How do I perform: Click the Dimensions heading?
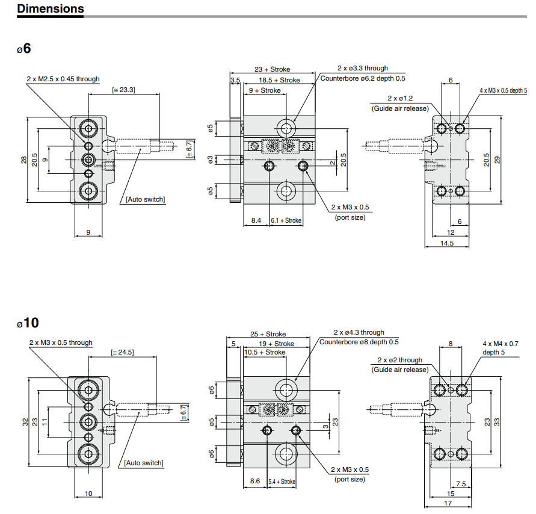pos(51,8)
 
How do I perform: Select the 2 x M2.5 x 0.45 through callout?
pos(63,79)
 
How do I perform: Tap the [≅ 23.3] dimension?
pos(123,90)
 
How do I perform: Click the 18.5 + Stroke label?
pos(279,79)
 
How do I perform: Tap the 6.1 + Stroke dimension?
pos(286,221)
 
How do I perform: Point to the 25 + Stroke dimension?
pos(268,334)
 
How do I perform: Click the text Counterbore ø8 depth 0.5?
pos(359,342)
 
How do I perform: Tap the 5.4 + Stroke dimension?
pos(282,481)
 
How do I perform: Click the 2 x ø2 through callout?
pos(400,360)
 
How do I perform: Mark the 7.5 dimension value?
pos(461,483)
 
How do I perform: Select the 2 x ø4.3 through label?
pos(359,332)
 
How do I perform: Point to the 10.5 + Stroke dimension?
pos(265,352)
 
